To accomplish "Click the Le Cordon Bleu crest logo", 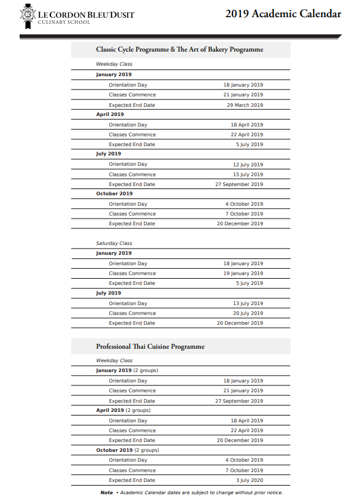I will click(28, 16).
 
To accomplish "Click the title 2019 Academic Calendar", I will click(283, 14).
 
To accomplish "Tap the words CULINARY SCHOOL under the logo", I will click(64, 22).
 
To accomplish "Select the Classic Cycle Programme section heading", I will click(179, 49).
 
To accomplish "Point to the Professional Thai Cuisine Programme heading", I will click(150, 346).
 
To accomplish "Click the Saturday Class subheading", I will click(114, 243).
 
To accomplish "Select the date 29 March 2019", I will click(245, 105).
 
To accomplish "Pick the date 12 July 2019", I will click(248, 165).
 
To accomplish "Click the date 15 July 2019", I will click(248, 174).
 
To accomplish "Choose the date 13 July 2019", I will click(248, 303).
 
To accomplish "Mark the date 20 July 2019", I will click(248, 313).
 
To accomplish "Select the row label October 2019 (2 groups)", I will click(127, 450).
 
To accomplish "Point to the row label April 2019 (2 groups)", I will click(123, 410).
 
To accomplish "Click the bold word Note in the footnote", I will click(107, 492).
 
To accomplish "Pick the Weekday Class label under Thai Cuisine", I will click(114, 361).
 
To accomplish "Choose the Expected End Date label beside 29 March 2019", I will click(132, 105).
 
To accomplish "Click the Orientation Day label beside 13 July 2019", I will click(128, 303).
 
